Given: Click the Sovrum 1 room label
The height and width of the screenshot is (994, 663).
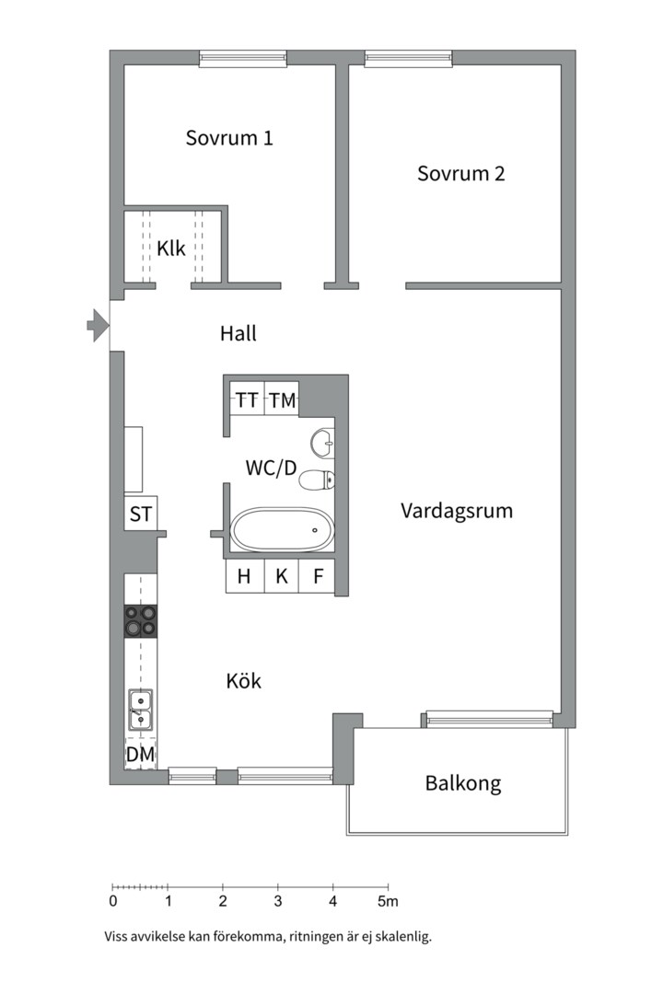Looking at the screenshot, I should click(229, 139).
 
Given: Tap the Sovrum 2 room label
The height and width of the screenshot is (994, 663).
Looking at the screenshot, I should click(460, 173).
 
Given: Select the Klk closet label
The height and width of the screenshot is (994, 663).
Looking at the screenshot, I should click(170, 248).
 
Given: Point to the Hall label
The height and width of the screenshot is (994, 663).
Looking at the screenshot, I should click(238, 333).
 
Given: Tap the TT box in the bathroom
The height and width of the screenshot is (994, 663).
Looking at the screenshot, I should click(246, 400).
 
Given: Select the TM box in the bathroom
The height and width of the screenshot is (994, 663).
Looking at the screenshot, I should click(282, 400).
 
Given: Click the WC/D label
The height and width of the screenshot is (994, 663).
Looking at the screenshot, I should click(271, 468).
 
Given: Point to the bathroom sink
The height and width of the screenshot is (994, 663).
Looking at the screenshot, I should click(323, 444).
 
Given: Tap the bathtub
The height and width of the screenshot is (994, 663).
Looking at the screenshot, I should click(280, 530).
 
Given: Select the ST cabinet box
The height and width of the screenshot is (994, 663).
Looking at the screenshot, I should click(140, 514).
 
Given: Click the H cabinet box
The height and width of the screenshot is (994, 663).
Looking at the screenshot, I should click(244, 577).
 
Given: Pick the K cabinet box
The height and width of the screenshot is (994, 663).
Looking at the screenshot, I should click(282, 577).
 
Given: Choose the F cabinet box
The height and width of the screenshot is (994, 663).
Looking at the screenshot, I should click(317, 577).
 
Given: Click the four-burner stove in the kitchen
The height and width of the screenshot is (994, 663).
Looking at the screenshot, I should click(140, 621).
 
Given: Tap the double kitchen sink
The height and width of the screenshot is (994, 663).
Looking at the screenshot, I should click(140, 710).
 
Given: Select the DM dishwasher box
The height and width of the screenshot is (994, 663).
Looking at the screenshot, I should click(140, 755).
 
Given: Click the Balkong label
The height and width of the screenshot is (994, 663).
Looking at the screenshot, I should click(462, 784).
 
